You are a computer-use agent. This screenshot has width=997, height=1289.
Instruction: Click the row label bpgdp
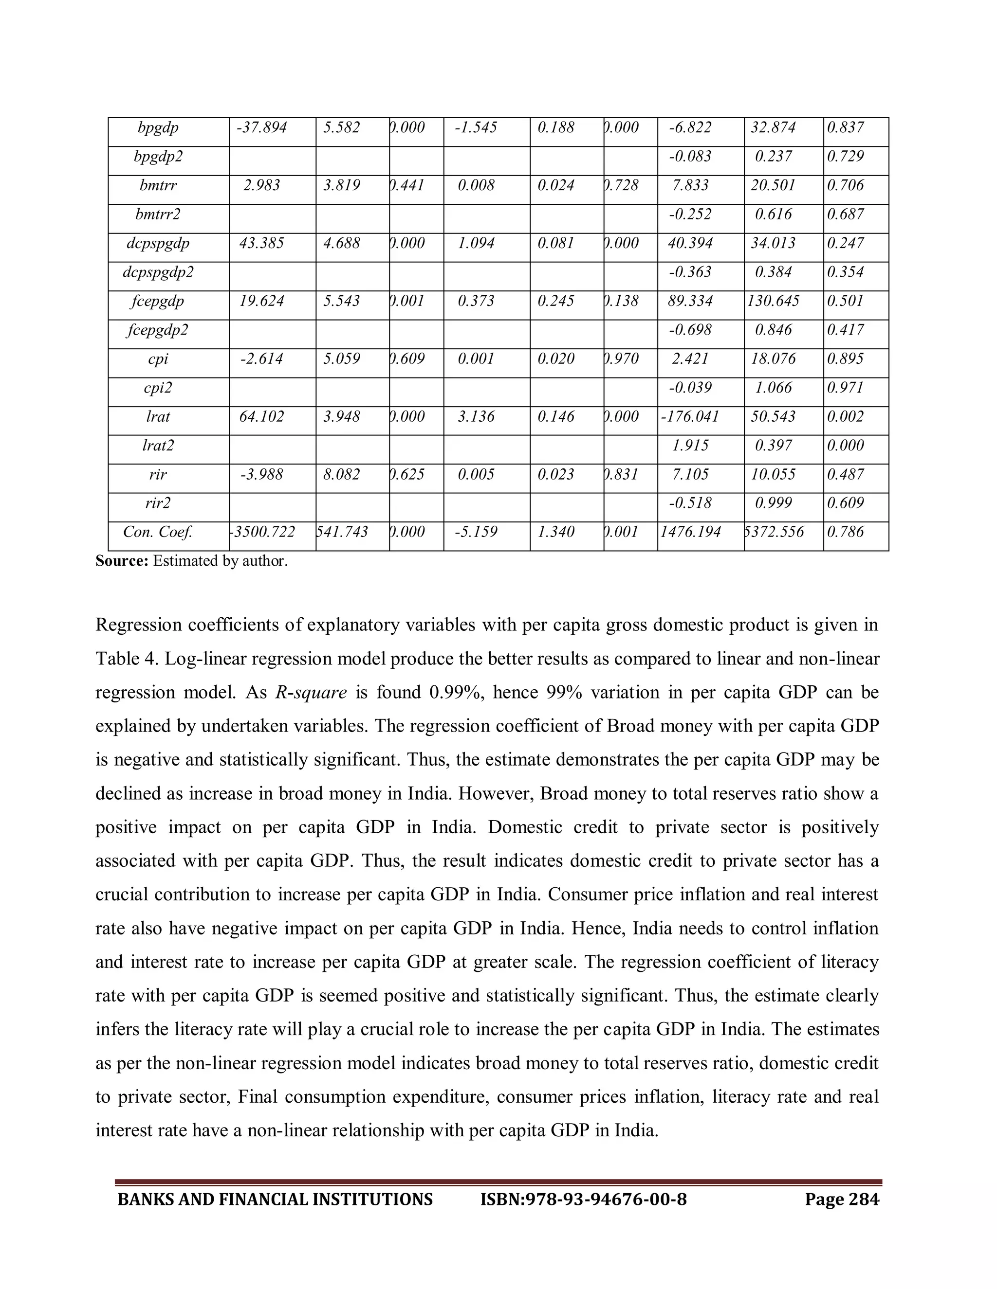point(158,128)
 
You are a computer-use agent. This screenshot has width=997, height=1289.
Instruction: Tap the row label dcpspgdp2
point(158,273)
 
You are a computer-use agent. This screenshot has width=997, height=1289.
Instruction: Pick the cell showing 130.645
point(773,302)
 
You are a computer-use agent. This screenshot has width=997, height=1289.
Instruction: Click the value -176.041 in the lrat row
point(690,417)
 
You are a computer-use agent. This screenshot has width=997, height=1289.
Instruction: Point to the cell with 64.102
point(261,417)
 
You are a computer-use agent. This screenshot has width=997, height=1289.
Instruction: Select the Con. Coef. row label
point(158,532)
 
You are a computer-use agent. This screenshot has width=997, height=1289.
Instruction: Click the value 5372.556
point(775,532)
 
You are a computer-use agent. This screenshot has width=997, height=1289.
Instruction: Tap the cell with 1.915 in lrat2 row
point(690,446)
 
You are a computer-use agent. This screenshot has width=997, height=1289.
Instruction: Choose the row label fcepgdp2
point(158,330)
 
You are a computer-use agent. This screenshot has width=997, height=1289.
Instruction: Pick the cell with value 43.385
point(261,244)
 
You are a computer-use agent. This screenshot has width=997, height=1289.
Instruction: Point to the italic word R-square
point(311,692)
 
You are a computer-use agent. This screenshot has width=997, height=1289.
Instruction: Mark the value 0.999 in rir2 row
point(773,503)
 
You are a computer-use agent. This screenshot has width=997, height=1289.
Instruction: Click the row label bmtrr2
point(158,215)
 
